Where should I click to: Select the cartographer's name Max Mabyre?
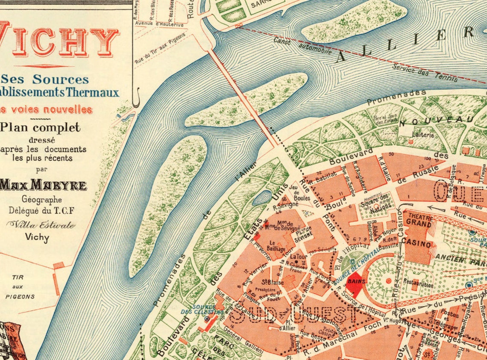point(43,185)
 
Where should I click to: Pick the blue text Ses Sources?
point(45,79)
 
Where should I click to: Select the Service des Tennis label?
point(425,72)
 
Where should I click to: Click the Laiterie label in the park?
point(423,135)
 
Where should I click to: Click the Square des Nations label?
point(376,204)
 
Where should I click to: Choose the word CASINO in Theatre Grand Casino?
point(418,244)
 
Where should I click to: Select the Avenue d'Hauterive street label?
point(159,24)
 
